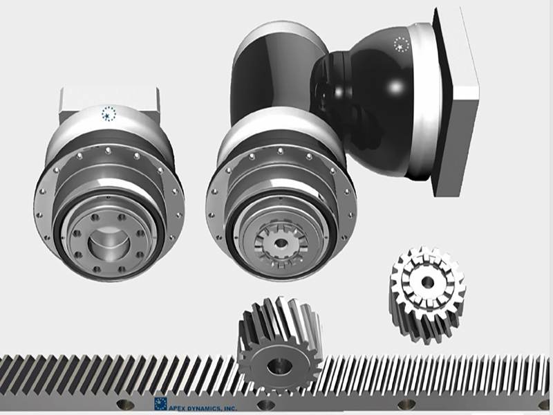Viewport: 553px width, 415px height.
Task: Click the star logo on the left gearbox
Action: click(x=109, y=113)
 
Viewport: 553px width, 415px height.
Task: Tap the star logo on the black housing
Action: click(x=402, y=44)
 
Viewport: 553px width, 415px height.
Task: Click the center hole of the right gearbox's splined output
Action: click(x=281, y=243)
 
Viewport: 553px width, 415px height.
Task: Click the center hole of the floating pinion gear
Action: click(x=428, y=282)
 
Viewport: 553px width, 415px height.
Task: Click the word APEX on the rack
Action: click(x=178, y=408)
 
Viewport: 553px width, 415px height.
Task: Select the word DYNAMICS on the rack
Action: click(x=205, y=408)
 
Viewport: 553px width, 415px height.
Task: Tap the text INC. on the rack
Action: click(x=230, y=409)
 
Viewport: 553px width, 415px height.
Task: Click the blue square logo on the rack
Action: click(x=160, y=404)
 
